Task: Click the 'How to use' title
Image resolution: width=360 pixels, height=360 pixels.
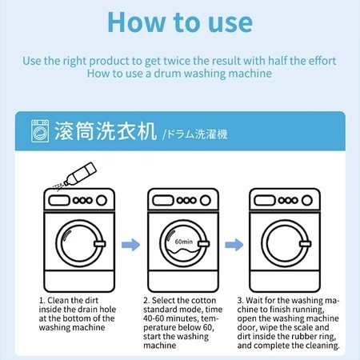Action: [180, 22]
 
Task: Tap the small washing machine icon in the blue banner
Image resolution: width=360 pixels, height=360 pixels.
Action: [40, 131]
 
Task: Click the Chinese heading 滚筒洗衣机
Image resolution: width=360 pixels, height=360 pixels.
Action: [106, 131]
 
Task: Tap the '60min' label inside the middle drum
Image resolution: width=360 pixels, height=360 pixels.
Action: [184, 242]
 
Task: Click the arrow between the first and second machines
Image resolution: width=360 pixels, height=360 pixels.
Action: [130, 245]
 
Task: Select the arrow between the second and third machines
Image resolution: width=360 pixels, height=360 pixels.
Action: [234, 245]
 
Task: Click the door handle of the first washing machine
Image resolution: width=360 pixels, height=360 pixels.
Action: [100, 244]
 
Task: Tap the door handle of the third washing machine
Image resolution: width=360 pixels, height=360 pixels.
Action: [305, 244]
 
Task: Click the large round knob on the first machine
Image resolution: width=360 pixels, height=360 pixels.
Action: [102, 200]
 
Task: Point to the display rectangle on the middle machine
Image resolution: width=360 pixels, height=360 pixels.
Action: [162, 200]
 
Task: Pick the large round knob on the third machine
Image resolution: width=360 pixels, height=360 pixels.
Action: [307, 200]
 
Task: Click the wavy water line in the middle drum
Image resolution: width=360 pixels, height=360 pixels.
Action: [182, 251]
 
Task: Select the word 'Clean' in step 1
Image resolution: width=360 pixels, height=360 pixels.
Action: [58, 300]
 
